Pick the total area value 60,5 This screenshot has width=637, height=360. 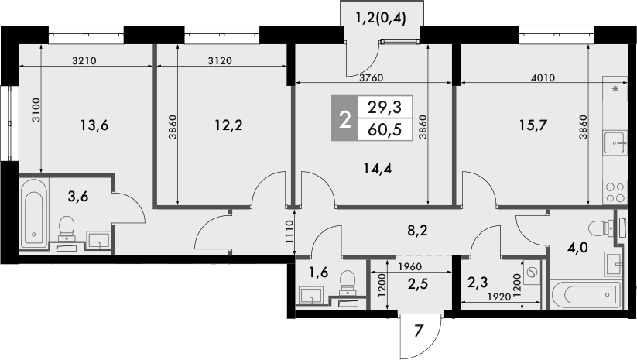click(x=385, y=129)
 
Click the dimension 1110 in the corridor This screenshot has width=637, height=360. click(x=287, y=232)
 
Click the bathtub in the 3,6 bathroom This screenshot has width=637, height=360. click(x=33, y=214)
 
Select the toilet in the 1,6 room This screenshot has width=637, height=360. click(x=348, y=281)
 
